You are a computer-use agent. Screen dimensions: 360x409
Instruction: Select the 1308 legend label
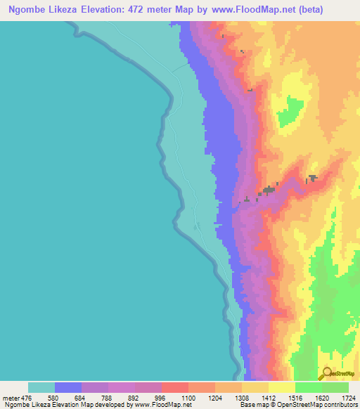[x=240, y=398]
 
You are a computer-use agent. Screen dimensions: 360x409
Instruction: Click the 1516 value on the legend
[x=293, y=398]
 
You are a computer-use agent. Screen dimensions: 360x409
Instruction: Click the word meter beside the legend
[x=11, y=398]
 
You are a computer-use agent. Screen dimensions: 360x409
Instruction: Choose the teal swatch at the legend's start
[x=41, y=387]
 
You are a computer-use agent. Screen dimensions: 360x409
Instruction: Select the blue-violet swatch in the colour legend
[x=68, y=387]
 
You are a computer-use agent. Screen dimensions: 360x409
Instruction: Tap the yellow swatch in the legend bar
[x=282, y=387]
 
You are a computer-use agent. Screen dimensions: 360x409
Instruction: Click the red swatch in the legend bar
[x=175, y=387]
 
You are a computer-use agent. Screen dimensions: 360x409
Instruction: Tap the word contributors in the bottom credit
[x=339, y=405]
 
